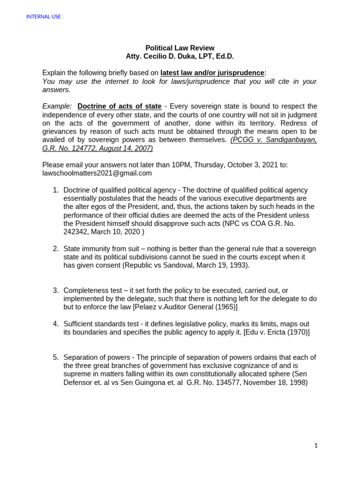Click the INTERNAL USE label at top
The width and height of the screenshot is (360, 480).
44,17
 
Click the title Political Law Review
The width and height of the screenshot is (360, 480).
180,48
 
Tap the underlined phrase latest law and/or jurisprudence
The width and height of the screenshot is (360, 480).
212,73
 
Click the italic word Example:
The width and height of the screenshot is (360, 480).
57,106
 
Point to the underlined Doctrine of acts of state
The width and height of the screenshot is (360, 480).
120,106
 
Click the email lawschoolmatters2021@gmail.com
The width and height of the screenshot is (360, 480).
97,173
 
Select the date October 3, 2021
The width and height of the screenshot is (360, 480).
248,165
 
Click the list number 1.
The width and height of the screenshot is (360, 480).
55,190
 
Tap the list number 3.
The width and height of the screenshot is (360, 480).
55,290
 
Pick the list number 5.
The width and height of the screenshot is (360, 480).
55,357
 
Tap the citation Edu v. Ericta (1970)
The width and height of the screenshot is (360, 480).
276,332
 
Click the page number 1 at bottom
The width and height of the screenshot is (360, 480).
316,446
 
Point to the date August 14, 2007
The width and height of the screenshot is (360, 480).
122,148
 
